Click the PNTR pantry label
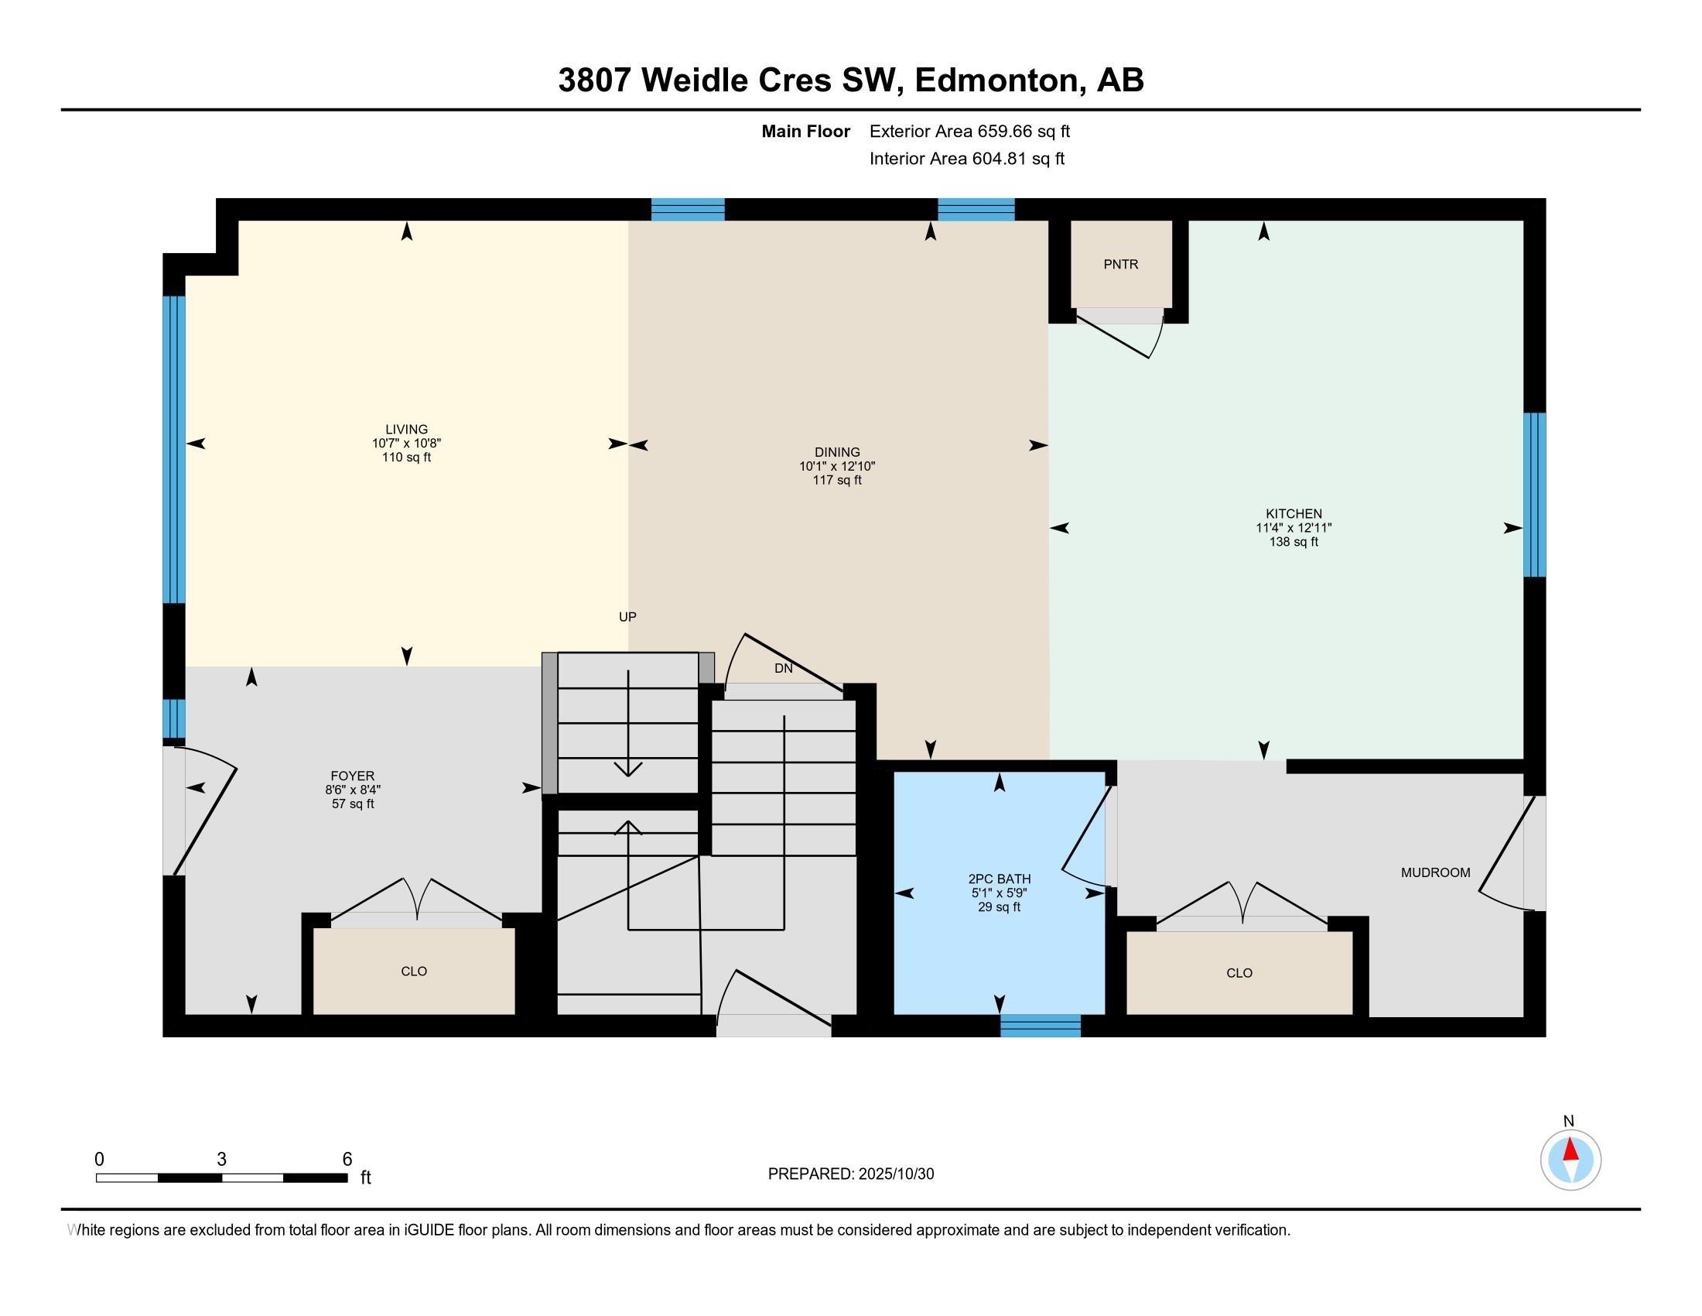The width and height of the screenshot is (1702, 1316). pos(1121,264)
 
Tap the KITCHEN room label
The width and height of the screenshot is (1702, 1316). pos(1294,514)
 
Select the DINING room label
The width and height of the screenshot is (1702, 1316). pos(837,452)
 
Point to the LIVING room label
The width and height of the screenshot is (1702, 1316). pos(406,429)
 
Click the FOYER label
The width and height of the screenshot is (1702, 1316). pos(352,776)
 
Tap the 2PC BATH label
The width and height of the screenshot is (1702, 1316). pos(999,879)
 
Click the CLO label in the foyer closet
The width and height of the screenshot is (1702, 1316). pos(414,971)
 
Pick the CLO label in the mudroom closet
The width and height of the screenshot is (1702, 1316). pos(1239,972)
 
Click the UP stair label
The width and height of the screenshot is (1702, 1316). pos(627,617)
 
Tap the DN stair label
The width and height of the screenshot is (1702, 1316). pos(783,668)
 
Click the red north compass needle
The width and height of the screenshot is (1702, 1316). pos(1570,1150)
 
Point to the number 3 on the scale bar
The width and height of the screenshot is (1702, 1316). pos(221,1160)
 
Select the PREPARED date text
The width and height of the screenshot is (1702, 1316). pos(851,1174)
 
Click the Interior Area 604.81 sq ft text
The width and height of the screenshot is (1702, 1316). pos(967,159)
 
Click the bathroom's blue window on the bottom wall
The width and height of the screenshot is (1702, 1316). pos(1041,1025)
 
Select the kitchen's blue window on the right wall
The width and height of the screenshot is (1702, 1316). pos(1534,495)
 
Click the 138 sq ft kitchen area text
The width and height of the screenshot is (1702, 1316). pos(1294,542)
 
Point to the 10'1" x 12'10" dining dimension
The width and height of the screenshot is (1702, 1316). pos(837,466)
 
